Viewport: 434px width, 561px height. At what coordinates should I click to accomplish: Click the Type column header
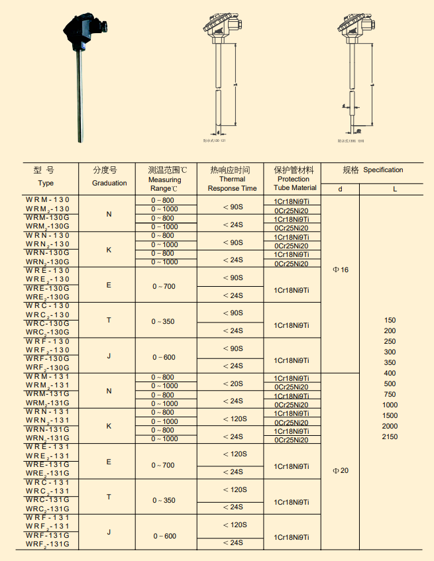point(46,183)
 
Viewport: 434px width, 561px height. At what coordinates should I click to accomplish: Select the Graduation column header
point(109,183)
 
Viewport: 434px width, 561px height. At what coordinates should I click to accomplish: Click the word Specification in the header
point(383,170)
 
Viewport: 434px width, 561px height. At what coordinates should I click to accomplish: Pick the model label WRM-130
point(48,199)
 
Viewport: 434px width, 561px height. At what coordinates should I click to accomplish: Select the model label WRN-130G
point(48,252)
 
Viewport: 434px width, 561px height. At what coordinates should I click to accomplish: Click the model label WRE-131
point(48,447)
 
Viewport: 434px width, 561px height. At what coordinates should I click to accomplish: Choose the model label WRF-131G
point(48,535)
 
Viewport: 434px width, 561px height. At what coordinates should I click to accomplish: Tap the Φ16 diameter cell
point(340,270)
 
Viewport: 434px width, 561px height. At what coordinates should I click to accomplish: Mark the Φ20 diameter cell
point(340,471)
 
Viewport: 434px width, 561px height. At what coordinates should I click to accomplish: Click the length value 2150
point(390,436)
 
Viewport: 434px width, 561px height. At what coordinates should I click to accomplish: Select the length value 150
point(390,320)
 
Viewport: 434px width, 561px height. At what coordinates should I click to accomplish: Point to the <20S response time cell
point(233,383)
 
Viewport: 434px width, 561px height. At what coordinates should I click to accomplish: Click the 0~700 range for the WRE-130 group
point(163,286)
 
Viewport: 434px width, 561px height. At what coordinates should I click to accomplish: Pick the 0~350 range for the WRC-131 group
point(163,500)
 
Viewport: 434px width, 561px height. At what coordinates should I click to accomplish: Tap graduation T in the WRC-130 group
point(109,321)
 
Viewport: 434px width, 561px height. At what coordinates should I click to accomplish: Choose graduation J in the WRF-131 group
point(109,532)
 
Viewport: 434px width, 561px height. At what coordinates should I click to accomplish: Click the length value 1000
point(390,405)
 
